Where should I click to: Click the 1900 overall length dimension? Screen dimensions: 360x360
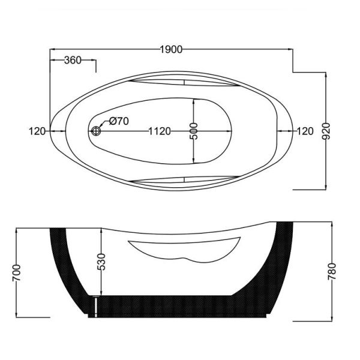point(171,49)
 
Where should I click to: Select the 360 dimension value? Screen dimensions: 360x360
point(73,60)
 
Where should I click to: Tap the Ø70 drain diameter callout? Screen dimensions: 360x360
point(119,121)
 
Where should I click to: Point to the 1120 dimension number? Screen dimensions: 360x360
point(160,131)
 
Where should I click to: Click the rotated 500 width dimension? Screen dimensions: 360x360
point(194,131)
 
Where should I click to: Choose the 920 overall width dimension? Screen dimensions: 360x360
point(326,131)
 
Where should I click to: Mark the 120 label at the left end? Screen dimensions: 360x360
point(37,131)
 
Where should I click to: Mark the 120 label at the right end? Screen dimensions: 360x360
point(305,131)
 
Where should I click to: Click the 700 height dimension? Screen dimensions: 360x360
point(17,273)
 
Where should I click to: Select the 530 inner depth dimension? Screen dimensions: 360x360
point(101,262)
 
